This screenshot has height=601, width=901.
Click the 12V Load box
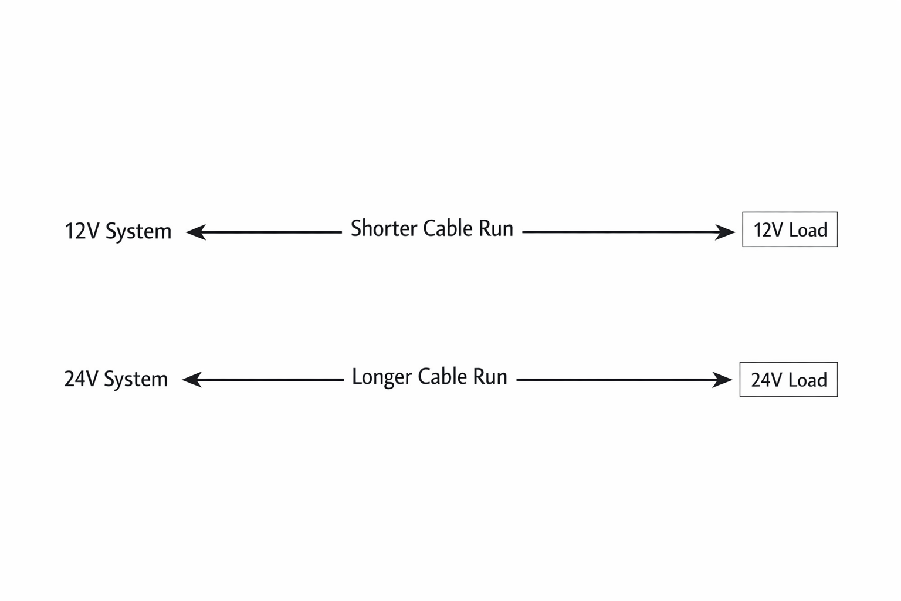coord(790,229)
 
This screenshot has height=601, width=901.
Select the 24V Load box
coord(788,380)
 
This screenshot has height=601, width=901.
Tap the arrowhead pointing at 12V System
coord(195,232)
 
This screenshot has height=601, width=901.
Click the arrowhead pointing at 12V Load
coord(726,232)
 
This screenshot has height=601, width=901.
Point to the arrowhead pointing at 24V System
coord(191,380)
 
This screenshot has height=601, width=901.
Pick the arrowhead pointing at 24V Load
coord(723,380)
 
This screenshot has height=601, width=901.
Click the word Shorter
coord(384,228)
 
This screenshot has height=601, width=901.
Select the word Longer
coord(381,377)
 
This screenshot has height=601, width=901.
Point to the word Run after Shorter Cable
coord(496,228)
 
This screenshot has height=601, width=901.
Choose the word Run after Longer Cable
coord(490,377)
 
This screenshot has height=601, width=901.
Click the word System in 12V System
coord(138,232)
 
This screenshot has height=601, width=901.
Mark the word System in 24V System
coord(136,380)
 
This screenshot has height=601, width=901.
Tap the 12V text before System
coord(82,231)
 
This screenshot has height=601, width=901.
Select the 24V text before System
coord(81,379)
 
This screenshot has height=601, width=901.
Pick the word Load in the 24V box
coord(808,380)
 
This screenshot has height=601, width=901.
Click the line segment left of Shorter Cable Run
coord(273,232)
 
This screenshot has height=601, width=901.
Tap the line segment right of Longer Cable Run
coord(616,380)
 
